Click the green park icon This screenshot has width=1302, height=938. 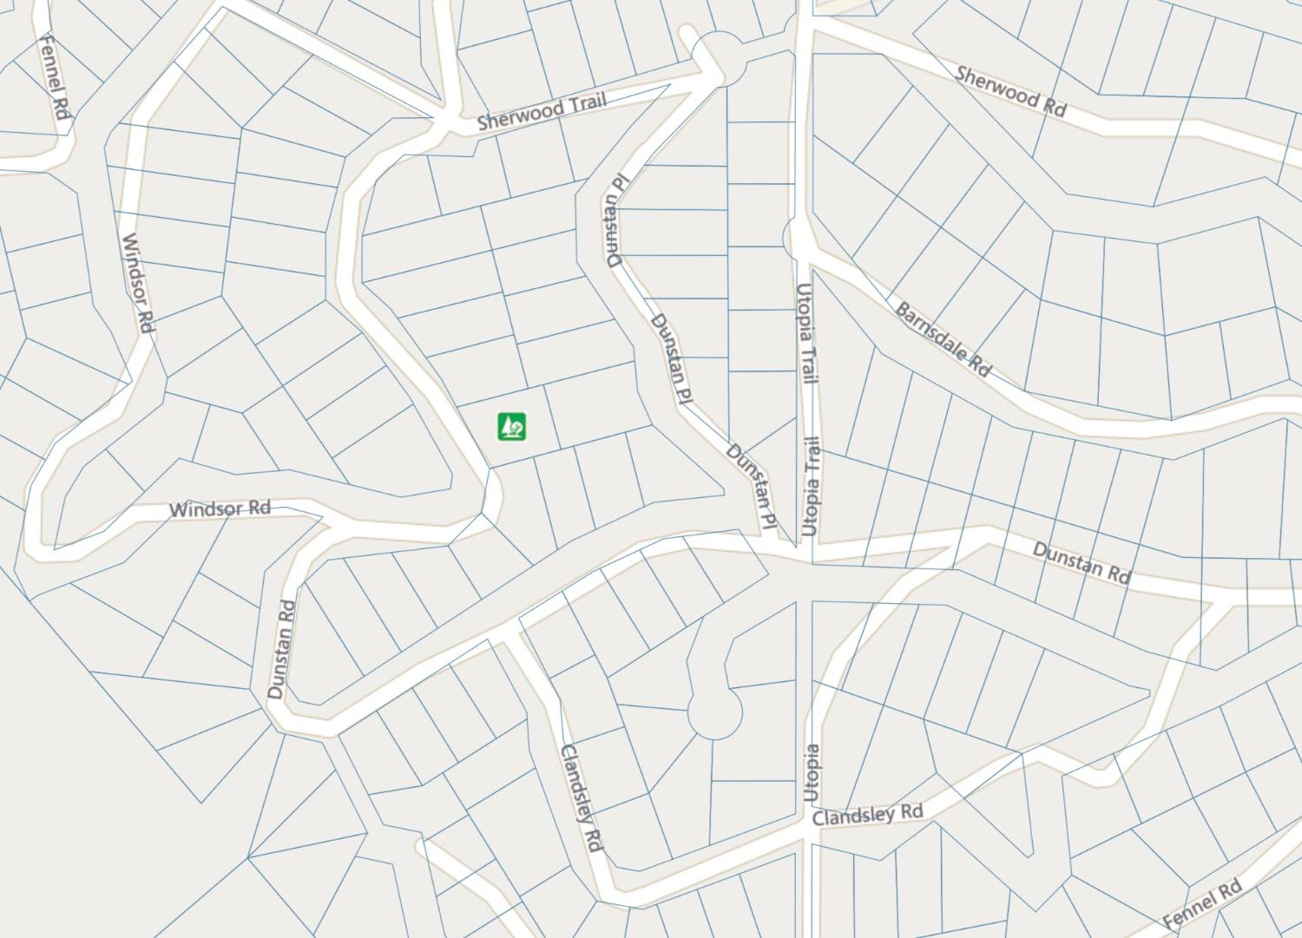coord(512,426)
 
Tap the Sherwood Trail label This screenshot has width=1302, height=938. coord(542,112)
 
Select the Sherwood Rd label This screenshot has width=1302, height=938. coord(1010,90)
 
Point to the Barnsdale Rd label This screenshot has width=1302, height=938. coord(943,339)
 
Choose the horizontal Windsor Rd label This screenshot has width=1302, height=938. coord(220,508)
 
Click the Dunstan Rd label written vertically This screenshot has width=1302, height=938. coord(281,650)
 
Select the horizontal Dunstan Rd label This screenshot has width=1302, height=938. coord(1082,562)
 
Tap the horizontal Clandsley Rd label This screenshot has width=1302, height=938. coord(867,814)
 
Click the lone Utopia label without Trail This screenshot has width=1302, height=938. coord(810,772)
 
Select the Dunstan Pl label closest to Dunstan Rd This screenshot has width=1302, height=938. coord(752,486)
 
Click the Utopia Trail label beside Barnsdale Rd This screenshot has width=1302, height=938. coord(806,333)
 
